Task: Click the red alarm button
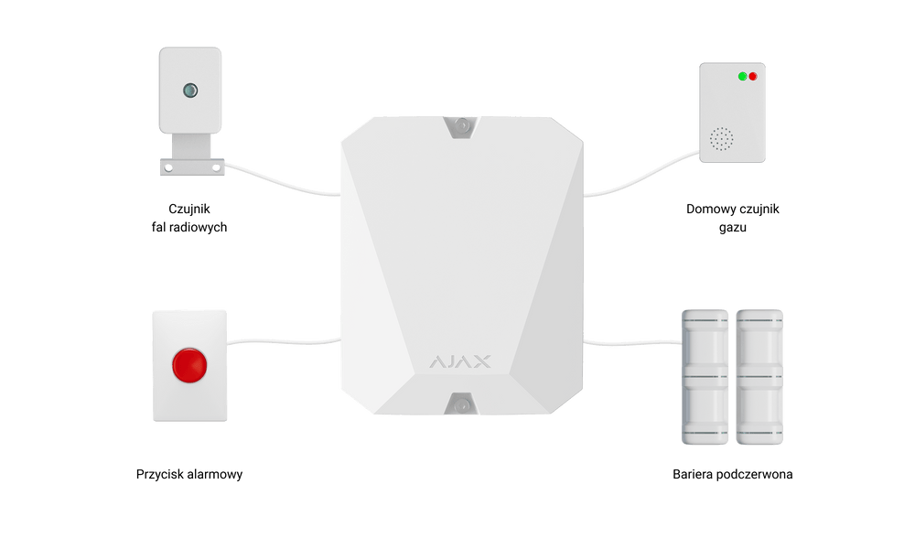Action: pyautogui.click(x=189, y=366)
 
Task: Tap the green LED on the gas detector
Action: pyautogui.click(x=742, y=77)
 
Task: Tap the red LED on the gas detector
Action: pyautogui.click(x=753, y=77)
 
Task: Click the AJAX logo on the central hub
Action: pyautogui.click(x=460, y=361)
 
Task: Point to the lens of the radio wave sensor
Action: pyautogui.click(x=190, y=91)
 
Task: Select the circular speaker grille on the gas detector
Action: pyautogui.click(x=721, y=139)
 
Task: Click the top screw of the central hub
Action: pyautogui.click(x=461, y=125)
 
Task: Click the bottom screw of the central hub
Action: pyautogui.click(x=461, y=405)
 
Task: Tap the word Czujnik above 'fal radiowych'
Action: pyautogui.click(x=189, y=209)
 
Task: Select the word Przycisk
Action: pyautogui.click(x=159, y=474)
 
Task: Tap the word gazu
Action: pyautogui.click(x=732, y=228)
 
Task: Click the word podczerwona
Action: pyautogui.click(x=754, y=474)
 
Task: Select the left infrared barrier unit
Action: pyautogui.click(x=705, y=377)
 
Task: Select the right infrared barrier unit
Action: pyautogui.click(x=759, y=377)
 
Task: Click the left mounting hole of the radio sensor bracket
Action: pyautogui.click(x=168, y=168)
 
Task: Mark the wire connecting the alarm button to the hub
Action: pyautogui.click(x=285, y=342)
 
